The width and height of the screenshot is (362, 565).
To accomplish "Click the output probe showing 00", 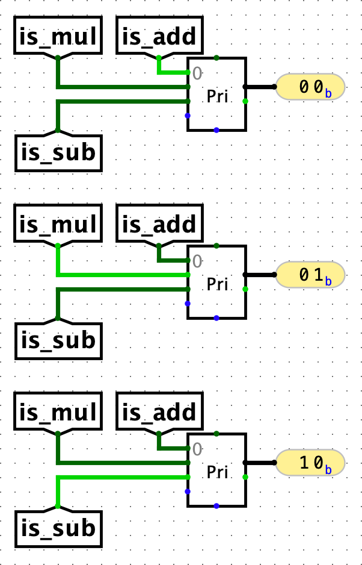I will tap(310, 87).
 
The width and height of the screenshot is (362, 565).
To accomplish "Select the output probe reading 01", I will tap(310, 275).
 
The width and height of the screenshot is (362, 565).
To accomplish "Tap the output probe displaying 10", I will tap(310, 464).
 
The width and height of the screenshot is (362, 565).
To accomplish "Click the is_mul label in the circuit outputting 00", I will tap(58, 37).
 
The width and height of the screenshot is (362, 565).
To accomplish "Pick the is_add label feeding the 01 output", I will tap(159, 225).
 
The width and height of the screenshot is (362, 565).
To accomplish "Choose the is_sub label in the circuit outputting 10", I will tap(58, 528).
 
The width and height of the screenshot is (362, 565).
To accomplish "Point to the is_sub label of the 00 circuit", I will tap(58, 152).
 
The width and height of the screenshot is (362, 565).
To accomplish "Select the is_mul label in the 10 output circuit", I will tap(58, 413).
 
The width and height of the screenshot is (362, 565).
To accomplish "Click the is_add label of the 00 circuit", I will tap(159, 37).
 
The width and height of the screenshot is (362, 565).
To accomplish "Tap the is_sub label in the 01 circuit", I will tap(58, 340).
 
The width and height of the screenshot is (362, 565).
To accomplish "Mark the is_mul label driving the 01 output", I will tap(58, 225).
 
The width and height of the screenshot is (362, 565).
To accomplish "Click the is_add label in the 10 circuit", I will tap(159, 413).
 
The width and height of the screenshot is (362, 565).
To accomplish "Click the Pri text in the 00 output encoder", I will tap(217, 96).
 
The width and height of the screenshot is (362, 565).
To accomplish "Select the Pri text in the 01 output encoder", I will tap(217, 284).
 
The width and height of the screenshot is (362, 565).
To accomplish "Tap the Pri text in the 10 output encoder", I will tap(217, 472).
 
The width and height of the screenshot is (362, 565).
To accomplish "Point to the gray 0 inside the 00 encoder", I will tap(197, 73).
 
